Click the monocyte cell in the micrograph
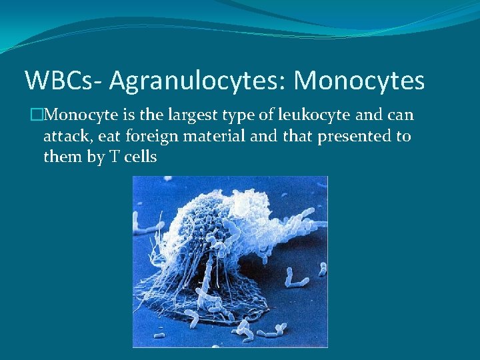click(220, 253)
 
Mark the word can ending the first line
click(401, 116)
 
